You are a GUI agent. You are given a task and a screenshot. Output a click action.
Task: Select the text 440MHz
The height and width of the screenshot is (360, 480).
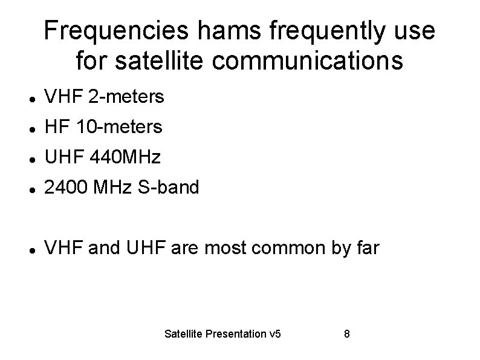pos(125,158)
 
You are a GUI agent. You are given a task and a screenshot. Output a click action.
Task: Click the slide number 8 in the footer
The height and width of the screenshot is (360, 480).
pos(346,334)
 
